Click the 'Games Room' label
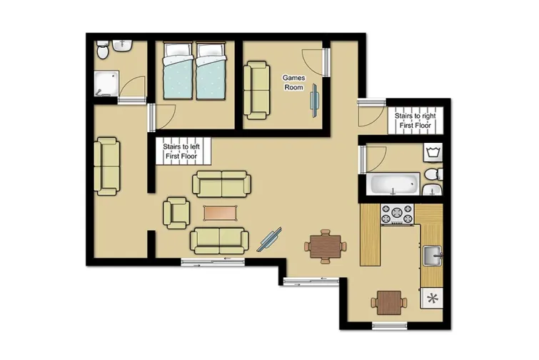click(293, 81)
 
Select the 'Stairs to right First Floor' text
click(416, 120)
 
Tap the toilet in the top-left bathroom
click(104, 49)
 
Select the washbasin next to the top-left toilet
click(122, 47)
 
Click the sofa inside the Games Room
click(257, 91)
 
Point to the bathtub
click(393, 184)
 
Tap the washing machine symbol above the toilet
click(432, 152)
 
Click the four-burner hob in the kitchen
click(398, 214)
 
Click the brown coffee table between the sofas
click(218, 213)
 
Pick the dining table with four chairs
click(325, 246)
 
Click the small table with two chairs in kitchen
click(390, 302)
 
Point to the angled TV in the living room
click(270, 238)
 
